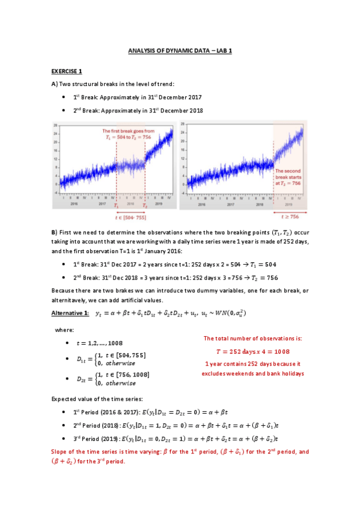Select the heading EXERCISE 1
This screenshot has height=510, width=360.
(67, 71)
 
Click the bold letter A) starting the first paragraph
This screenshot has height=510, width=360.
(54, 84)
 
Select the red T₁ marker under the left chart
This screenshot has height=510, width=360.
(117, 205)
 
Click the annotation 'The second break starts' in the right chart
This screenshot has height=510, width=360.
(288, 175)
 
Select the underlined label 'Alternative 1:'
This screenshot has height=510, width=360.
(70, 313)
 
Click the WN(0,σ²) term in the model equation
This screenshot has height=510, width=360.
(229, 313)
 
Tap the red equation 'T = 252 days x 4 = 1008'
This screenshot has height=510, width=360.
(252, 351)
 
